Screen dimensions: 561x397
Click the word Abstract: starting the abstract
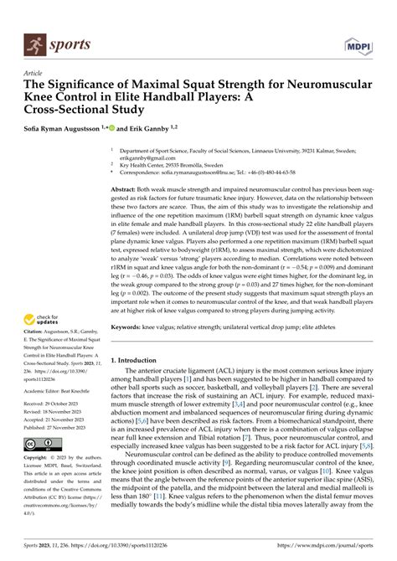point(126,190)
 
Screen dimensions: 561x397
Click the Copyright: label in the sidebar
point(40,459)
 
